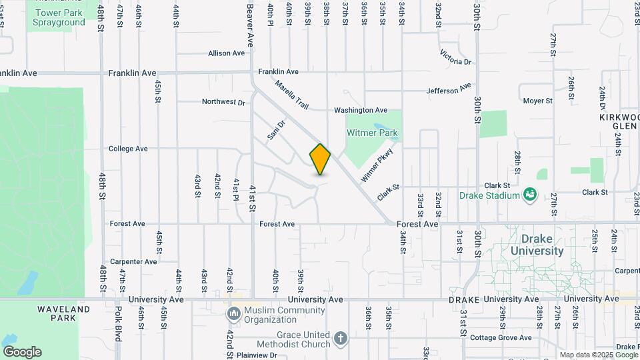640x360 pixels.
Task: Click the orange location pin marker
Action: pos(320,159)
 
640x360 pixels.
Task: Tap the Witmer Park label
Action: pos(372,133)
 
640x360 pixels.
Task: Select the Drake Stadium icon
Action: pos(531,195)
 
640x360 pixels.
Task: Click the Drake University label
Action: pos(537,245)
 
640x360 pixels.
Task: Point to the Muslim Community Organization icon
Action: pos(234,313)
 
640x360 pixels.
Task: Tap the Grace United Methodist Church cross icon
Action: pos(341,339)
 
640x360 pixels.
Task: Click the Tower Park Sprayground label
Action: pos(59,17)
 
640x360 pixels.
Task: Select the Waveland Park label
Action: pos(63,315)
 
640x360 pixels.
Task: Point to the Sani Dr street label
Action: pos(276,129)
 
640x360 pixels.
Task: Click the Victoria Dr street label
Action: pos(456,57)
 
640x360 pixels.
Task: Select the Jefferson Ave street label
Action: pos(449,89)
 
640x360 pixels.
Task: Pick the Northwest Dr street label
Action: pos(224,102)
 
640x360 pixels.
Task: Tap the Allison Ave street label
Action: pos(227,53)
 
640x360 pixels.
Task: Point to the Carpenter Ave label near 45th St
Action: pos(133,262)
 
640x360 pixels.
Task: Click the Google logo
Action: pos(22,351)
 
